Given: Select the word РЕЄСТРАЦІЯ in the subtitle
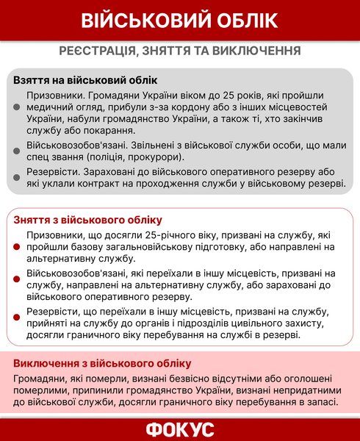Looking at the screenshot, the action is (x=100, y=51).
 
